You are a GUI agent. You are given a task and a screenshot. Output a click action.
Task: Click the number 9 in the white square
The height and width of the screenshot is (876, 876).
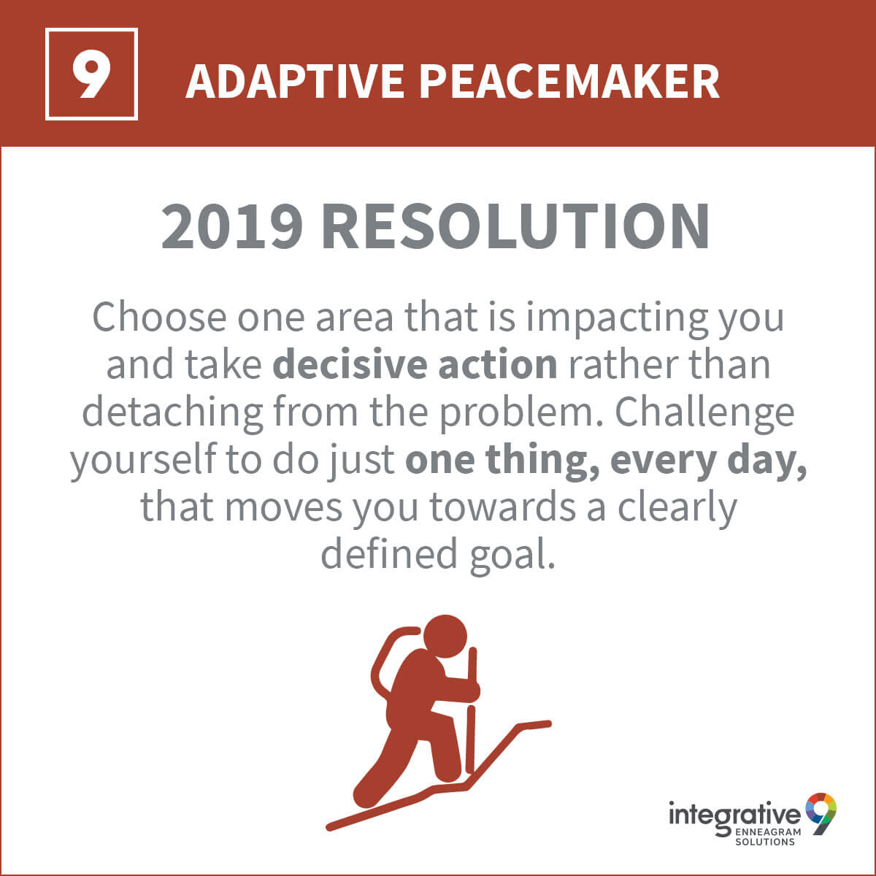click(x=91, y=74)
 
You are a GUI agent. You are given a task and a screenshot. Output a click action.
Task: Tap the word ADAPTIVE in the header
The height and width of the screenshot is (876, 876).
click(x=294, y=81)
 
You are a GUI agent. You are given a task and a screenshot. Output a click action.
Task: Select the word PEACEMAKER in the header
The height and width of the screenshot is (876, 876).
click(x=569, y=81)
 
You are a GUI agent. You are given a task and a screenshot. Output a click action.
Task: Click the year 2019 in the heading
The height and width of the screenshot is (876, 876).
click(x=232, y=226)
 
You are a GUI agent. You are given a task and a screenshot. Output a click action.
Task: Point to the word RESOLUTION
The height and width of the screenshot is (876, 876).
click(x=515, y=226)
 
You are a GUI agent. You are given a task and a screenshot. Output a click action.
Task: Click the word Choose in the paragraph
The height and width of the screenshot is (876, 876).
click(x=159, y=317)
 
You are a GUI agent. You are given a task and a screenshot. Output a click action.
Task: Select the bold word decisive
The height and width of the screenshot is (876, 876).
click(x=350, y=364)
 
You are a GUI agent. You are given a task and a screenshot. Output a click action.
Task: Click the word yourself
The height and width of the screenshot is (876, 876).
click(x=144, y=460)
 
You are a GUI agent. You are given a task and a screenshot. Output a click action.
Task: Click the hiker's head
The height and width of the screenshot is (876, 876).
click(x=445, y=637)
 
